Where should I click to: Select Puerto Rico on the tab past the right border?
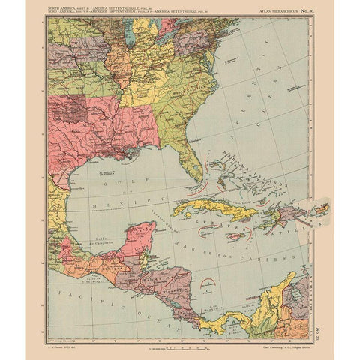click(x=320, y=210)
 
